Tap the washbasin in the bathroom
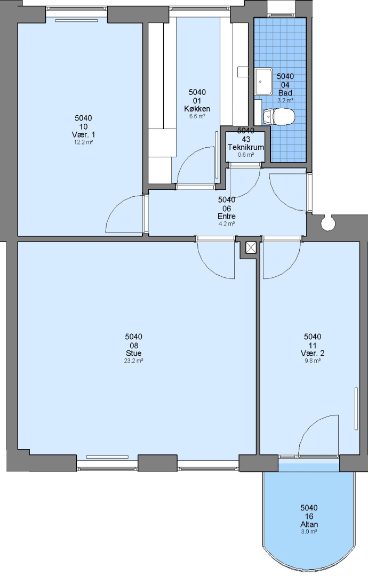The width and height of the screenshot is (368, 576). point(263,81)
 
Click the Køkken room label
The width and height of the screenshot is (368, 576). point(197,109)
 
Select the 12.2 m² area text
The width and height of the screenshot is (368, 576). point(83,142)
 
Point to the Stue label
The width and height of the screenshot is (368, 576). point(134,353)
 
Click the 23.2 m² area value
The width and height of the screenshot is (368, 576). point(134,361)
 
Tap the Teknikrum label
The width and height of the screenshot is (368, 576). point(246,147)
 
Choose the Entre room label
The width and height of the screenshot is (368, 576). point(227,217)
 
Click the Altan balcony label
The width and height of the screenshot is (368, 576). point(309,524)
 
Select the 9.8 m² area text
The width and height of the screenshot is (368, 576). point(312,361)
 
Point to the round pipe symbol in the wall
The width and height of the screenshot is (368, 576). point(327,222)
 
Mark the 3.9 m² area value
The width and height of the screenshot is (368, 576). point(309,532)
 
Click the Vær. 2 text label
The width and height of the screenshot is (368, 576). point(313,353)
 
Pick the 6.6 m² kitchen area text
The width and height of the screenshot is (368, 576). point(197,116)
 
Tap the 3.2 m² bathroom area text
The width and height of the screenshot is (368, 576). point(285,100)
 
